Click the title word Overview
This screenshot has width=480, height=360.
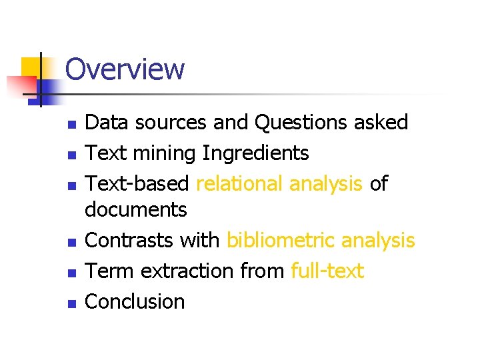coord(125,69)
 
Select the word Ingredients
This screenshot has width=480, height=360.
coord(256,153)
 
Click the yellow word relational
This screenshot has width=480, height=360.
coord(240,183)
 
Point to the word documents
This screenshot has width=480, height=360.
coord(136,210)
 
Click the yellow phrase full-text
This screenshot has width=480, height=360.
coord(327,271)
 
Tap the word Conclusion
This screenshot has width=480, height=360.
coord(135,301)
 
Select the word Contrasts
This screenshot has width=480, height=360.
coord(130,240)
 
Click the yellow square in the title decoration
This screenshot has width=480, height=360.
coord(29,67)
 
